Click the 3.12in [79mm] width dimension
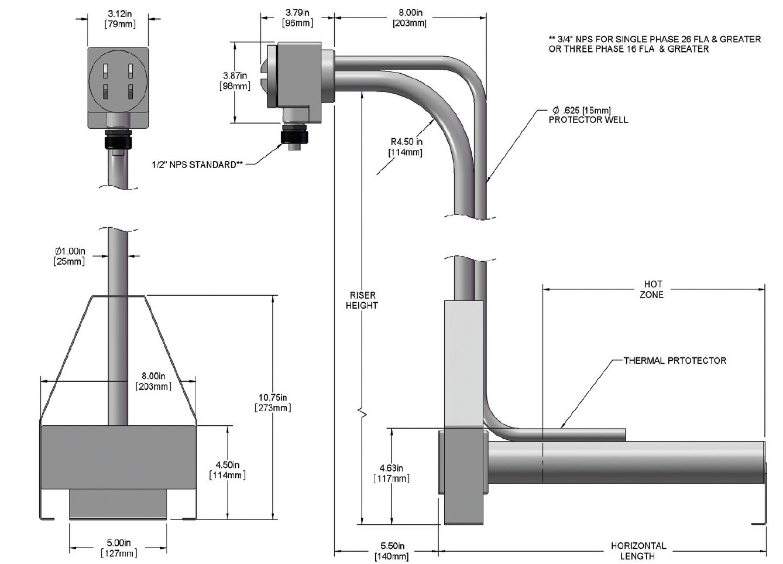click(119, 19)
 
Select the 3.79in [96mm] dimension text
click(298, 18)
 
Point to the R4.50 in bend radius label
click(407, 146)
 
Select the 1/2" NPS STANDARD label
click(197, 165)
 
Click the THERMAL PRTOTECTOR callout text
click(675, 361)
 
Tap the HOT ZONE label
click(651, 289)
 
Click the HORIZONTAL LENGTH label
click(638, 551)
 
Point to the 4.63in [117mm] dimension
click(391, 473)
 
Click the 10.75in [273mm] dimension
click(273, 402)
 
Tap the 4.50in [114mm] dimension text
click(227, 470)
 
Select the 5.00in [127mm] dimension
click(119, 548)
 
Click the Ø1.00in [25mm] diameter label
click(70, 256)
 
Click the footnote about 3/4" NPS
click(654, 44)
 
